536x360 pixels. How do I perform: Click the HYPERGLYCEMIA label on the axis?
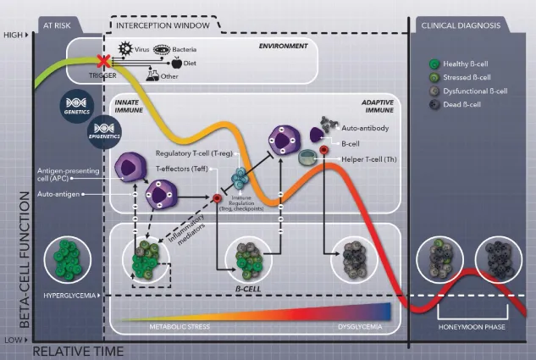[x=67, y=295]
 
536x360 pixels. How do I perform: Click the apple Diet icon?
[x=177, y=62]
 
